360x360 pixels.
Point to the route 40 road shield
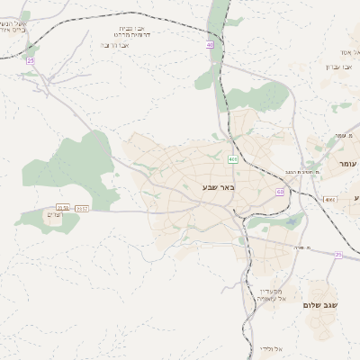(x=210, y=43)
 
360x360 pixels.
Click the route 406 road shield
(x=233, y=159)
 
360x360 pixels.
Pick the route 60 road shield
(x=281, y=192)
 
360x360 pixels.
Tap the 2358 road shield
(x=63, y=208)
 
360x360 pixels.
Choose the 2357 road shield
(x=82, y=208)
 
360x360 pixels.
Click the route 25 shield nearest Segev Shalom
(x=338, y=255)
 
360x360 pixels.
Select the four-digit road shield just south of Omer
(x=330, y=199)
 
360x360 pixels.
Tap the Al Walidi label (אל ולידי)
(x=271, y=348)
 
